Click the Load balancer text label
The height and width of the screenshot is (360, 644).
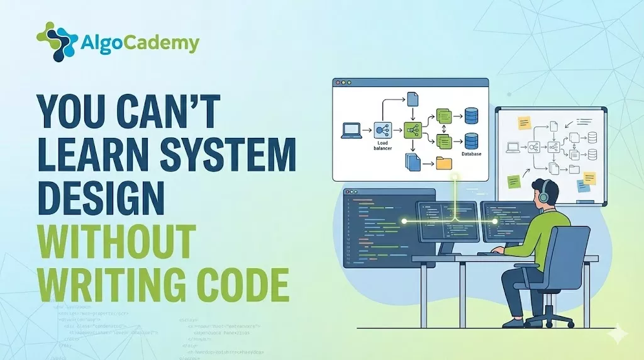pos(382,146)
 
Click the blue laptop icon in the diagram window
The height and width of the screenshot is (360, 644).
pos(351,130)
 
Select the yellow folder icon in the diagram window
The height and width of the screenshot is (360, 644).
pos(444,164)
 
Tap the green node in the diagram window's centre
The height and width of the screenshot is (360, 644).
pos(413,130)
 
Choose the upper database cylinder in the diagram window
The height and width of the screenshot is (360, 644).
pos(471,116)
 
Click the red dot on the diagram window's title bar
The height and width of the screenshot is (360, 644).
pos(338,82)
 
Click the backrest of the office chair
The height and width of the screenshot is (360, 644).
pos(570,252)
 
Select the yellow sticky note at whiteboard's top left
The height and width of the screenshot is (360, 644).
pos(523,123)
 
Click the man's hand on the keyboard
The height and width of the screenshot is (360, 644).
pos(498,250)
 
